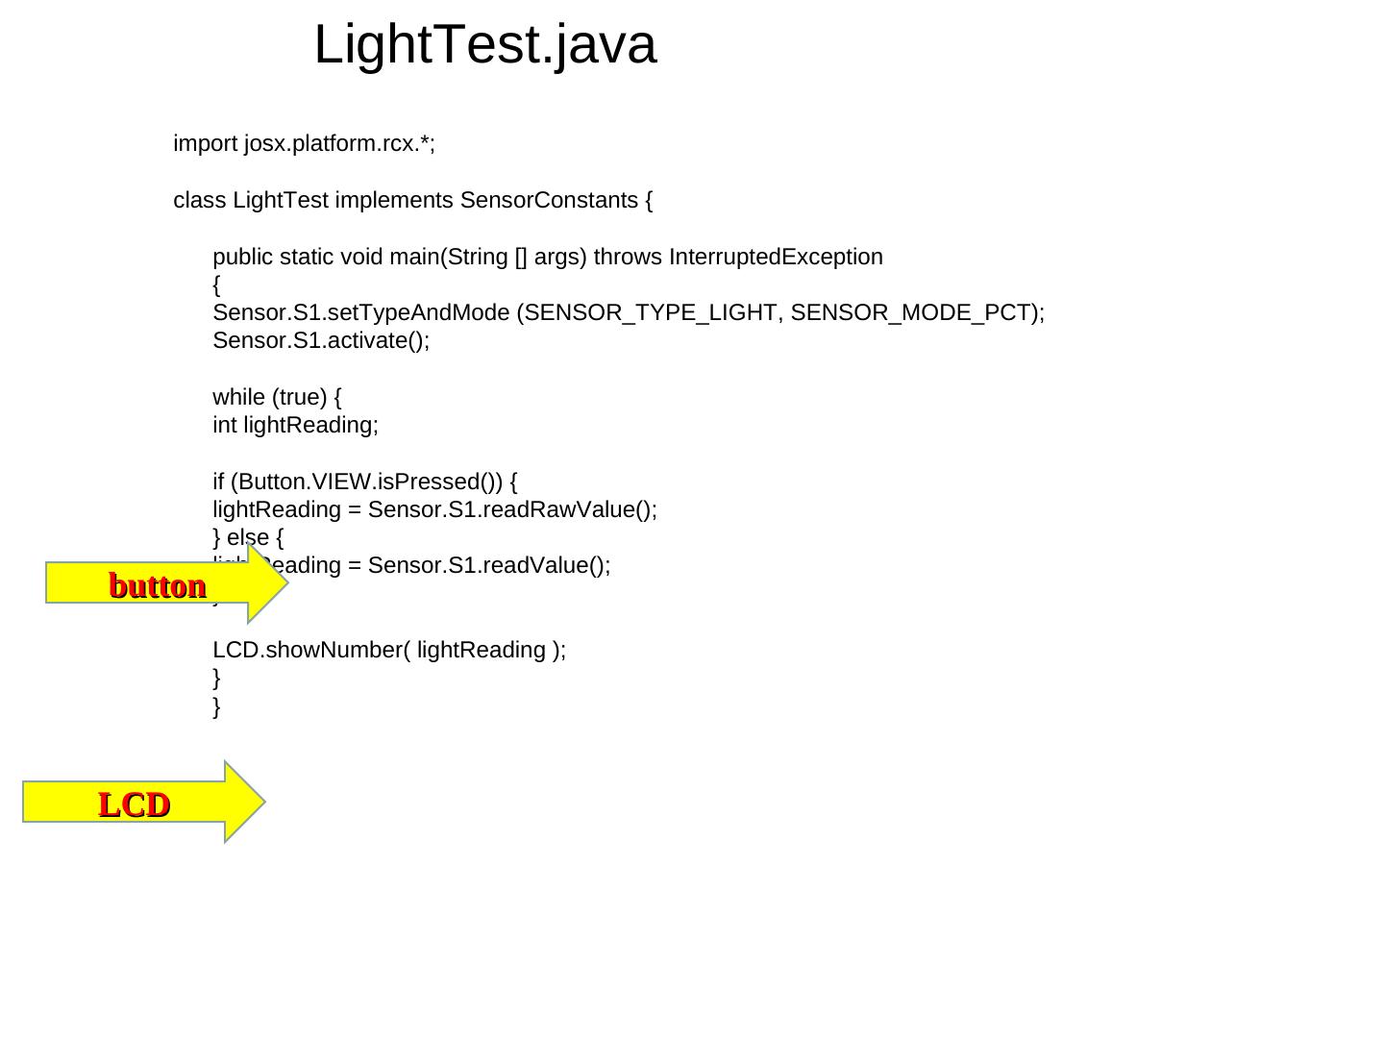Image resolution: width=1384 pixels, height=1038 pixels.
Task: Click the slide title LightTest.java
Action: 485,45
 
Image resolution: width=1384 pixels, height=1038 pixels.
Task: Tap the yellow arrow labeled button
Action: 159,584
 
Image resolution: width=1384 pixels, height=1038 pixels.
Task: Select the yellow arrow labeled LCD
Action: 136,803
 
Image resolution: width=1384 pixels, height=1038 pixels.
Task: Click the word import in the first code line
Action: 205,144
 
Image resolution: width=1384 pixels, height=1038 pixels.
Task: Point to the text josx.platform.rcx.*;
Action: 339,144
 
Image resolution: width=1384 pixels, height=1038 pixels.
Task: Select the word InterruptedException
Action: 776,257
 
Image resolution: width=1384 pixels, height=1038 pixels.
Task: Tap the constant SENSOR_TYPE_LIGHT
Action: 651,313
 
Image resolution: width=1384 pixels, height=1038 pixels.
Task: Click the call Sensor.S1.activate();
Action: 321,341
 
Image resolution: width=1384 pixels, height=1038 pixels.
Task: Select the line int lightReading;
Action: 296,425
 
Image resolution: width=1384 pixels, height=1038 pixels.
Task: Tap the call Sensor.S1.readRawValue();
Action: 512,509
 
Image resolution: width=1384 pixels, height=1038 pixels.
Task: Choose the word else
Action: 248,537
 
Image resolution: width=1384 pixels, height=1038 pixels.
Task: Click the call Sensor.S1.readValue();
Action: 489,565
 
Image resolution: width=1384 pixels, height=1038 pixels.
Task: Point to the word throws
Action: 629,257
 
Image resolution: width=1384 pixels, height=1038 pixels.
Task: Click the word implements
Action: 393,200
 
